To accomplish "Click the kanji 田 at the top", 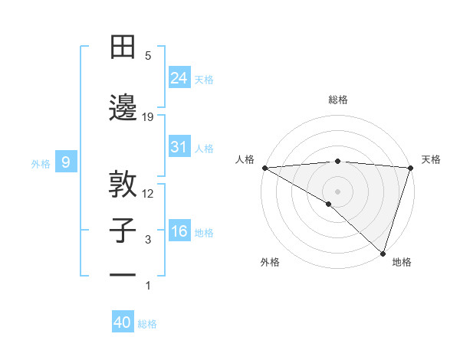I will coord(123,47).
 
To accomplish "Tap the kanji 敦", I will coord(123,183).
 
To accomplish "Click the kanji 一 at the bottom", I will coord(123,274).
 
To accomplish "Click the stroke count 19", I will coord(148,116).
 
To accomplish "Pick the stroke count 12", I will coord(148,193).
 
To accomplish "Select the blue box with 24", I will coord(179,77).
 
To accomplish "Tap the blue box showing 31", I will coord(179,147).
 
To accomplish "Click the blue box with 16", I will coord(179,231).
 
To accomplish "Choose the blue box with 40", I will coord(123,322).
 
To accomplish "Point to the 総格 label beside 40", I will coord(148,324).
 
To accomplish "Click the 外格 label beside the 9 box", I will coord(41,163).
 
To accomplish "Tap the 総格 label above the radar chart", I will coord(337,100).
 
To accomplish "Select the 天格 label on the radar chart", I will coord(431,159).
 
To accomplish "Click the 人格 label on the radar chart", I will coord(245,159).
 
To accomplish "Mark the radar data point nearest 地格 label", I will coord(383,254).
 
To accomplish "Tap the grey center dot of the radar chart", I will coord(337,191).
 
